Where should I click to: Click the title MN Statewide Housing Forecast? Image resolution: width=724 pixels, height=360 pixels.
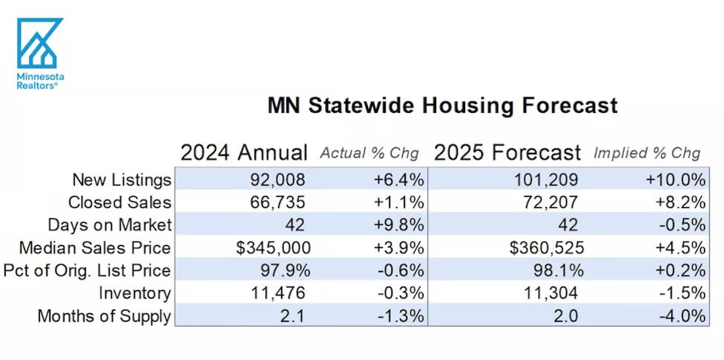442,105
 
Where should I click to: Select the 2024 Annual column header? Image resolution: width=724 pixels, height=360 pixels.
243,153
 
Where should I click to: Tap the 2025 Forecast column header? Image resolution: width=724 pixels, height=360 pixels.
507,153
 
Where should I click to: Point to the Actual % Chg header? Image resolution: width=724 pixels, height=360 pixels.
369,154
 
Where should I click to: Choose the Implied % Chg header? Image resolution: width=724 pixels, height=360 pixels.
646,154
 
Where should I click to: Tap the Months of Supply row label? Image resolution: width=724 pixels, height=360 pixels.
104,316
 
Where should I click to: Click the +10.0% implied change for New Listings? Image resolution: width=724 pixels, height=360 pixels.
675,180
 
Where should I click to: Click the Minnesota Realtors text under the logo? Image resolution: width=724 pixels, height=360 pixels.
40,81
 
